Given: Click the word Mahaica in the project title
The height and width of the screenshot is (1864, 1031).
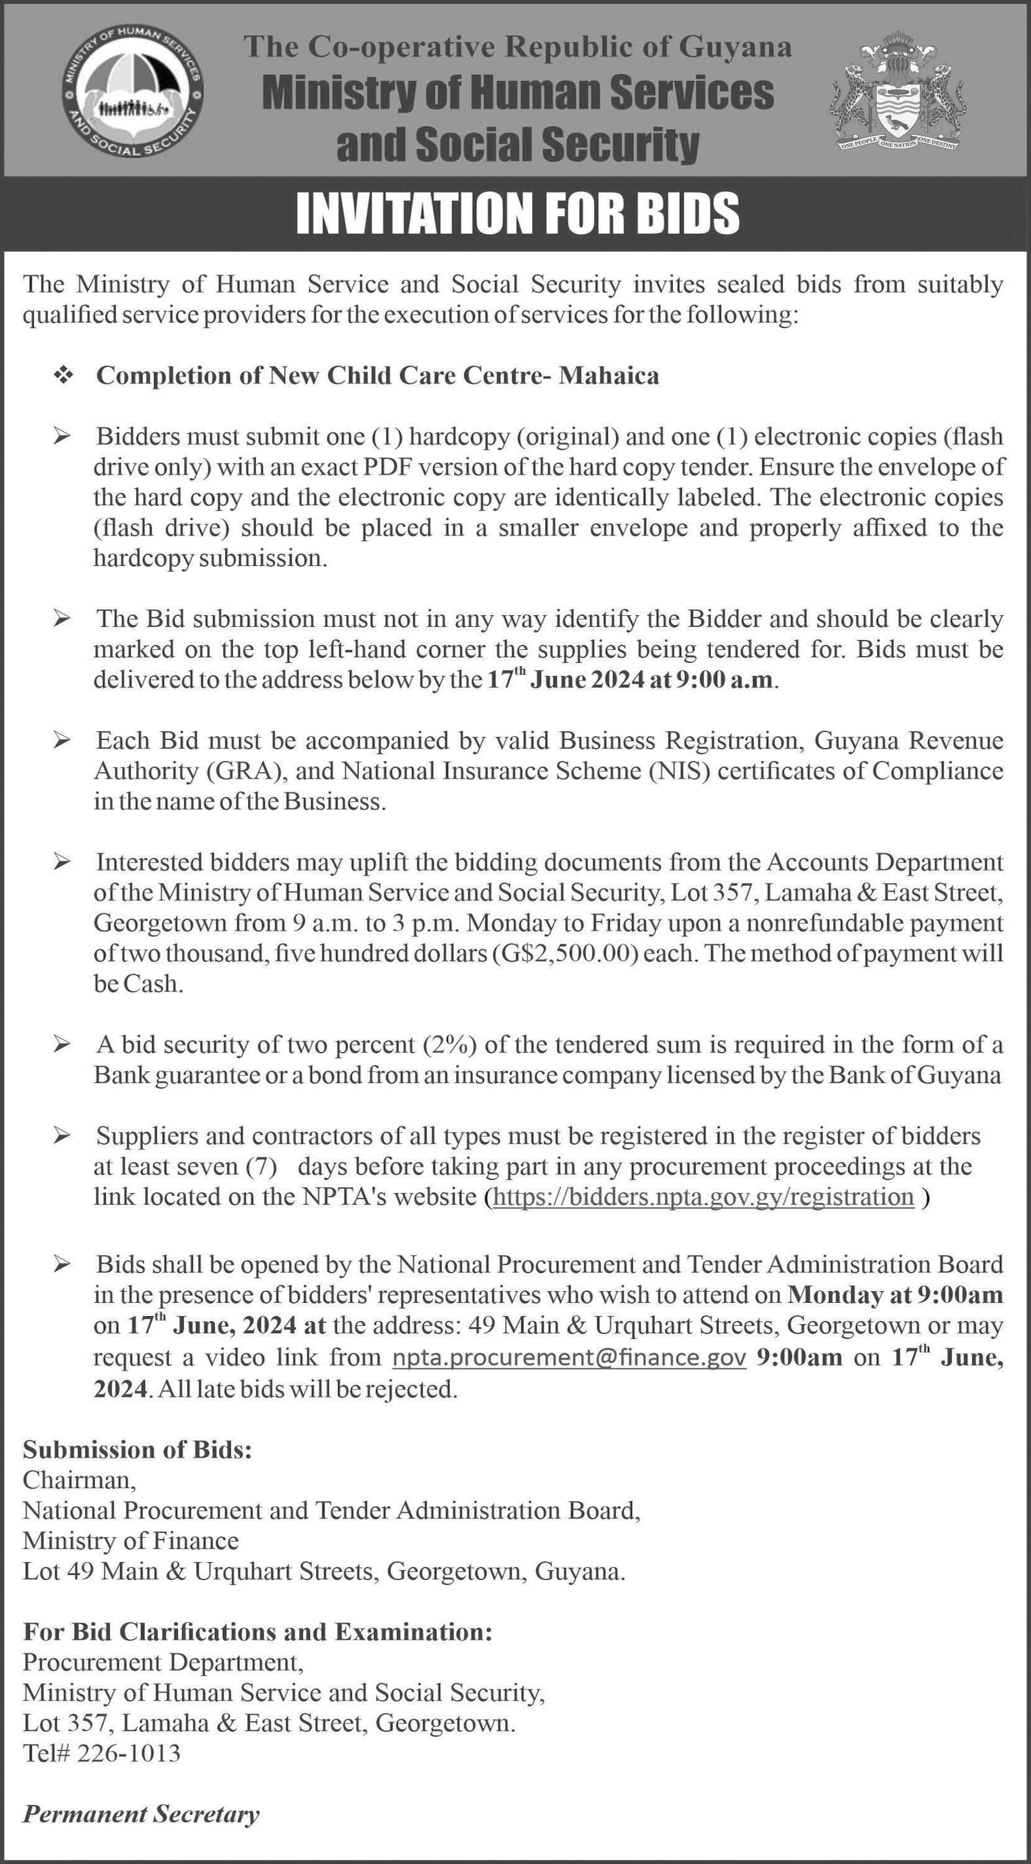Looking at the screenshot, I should [609, 375].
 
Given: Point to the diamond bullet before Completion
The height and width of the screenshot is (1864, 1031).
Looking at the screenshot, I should [65, 375].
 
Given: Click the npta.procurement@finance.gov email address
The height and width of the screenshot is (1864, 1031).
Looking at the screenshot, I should [569, 1358].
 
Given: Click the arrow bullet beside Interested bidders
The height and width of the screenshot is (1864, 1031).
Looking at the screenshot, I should [63, 862].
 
